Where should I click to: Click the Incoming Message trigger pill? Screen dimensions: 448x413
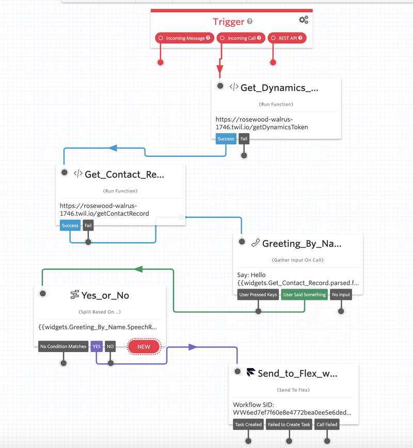(x=184, y=38)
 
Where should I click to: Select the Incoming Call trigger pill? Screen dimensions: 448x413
(x=241, y=38)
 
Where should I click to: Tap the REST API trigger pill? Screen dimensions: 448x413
(x=287, y=38)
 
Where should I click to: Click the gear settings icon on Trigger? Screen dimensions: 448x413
(x=304, y=20)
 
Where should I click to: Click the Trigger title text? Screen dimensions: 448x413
(x=229, y=22)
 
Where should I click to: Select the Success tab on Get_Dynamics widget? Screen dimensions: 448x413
(x=226, y=139)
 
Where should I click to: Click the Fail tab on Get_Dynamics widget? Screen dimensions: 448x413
(x=244, y=139)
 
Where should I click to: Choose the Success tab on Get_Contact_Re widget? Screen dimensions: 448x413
(x=70, y=226)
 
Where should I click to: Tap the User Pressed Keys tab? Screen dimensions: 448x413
(x=258, y=295)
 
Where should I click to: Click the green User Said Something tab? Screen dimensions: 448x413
(x=305, y=295)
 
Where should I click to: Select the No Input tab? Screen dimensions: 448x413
(x=341, y=295)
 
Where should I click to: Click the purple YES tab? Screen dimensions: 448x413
(x=97, y=346)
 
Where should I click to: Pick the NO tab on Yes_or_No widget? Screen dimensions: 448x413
(x=110, y=346)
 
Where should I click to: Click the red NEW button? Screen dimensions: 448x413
(x=144, y=346)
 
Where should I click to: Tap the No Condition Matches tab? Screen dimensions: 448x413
(x=63, y=346)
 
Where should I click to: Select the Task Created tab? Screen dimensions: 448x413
(x=248, y=425)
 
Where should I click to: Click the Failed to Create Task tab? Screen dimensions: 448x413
(x=289, y=425)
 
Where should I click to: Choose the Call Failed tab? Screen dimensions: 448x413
(x=327, y=425)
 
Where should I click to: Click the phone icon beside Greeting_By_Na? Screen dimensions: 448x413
(x=255, y=244)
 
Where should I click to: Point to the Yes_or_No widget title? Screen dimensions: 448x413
(x=105, y=295)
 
